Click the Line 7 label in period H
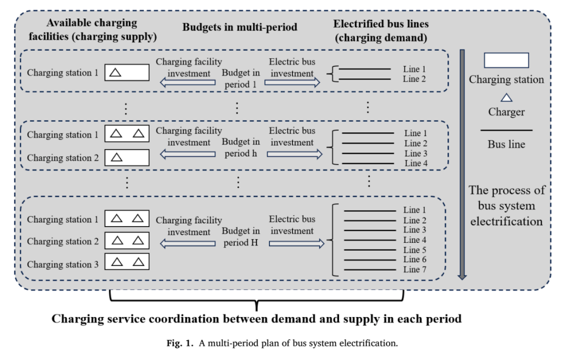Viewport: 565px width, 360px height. [414, 269]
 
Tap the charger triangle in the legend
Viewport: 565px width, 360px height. [506, 98]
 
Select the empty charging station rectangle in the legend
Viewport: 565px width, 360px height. [506, 60]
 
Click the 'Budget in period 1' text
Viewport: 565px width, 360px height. [241, 78]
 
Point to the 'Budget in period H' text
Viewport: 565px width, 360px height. [241, 237]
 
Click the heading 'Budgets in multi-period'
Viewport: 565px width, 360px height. [240, 27]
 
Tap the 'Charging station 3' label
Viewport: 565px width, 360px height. [63, 264]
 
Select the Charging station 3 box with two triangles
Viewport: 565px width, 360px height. [127, 262]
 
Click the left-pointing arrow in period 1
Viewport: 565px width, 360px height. [188, 83]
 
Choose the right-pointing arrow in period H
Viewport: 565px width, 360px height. [297, 244]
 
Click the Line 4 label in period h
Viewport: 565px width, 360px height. [416, 163]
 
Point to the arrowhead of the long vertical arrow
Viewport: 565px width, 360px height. [462, 277]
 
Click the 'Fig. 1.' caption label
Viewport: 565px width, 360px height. [180, 343]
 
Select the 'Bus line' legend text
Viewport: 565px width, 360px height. [506, 144]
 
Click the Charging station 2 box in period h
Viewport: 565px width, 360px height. [127, 157]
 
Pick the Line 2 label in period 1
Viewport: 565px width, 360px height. [414, 79]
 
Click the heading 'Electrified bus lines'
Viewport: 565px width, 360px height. [381, 24]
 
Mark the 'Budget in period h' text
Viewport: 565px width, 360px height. [241, 148]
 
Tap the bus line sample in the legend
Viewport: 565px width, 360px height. [506, 130]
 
